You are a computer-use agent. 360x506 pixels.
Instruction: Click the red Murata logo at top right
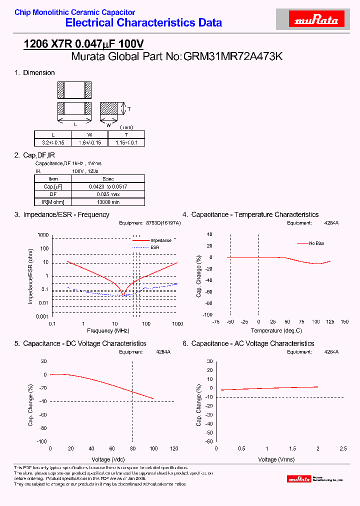pos(317,20)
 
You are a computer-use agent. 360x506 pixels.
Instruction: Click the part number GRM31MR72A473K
pos(233,56)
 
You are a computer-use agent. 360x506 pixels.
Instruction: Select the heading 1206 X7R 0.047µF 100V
pos(84,44)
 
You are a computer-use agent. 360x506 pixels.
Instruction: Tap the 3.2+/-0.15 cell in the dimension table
pos(52,142)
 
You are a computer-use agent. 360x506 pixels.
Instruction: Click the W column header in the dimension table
pos(89,135)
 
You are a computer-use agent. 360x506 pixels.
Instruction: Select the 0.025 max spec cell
pos(108,194)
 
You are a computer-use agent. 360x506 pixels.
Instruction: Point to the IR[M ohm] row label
pos(53,202)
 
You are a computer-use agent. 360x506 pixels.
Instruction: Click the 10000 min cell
pos(108,202)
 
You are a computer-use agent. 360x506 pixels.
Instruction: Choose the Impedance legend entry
pos(160,240)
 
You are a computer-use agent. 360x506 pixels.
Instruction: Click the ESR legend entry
pos(154,247)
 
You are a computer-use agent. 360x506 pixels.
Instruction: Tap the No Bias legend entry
pos(316,243)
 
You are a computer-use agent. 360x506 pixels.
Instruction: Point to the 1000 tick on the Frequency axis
pos(177,324)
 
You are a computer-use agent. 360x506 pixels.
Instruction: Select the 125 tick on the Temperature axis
pos(330,322)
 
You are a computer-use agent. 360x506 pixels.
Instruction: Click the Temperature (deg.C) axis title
pos(276,330)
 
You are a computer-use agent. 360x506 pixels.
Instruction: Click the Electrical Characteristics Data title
pos(144,22)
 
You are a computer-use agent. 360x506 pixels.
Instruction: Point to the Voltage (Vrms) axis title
pos(276,459)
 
